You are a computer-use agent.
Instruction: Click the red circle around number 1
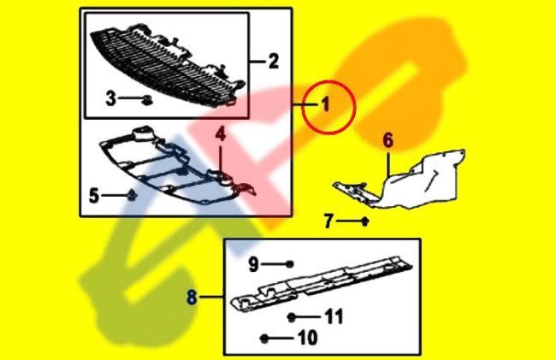pos(326,105)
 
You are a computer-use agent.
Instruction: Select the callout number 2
pos(273,61)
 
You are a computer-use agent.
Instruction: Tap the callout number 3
pos(111,99)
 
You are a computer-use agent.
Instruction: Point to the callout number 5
pos(94,196)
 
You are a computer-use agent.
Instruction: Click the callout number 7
pos(328,221)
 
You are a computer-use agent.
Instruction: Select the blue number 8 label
pos(191,298)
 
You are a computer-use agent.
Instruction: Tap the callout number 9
pos(253,264)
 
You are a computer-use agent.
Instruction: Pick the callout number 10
pos(305,338)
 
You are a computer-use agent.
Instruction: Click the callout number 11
pos(333,317)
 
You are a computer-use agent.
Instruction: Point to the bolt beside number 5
pos(131,196)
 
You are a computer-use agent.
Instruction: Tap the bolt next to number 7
pos(365,222)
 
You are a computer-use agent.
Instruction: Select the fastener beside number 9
pos(290,264)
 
